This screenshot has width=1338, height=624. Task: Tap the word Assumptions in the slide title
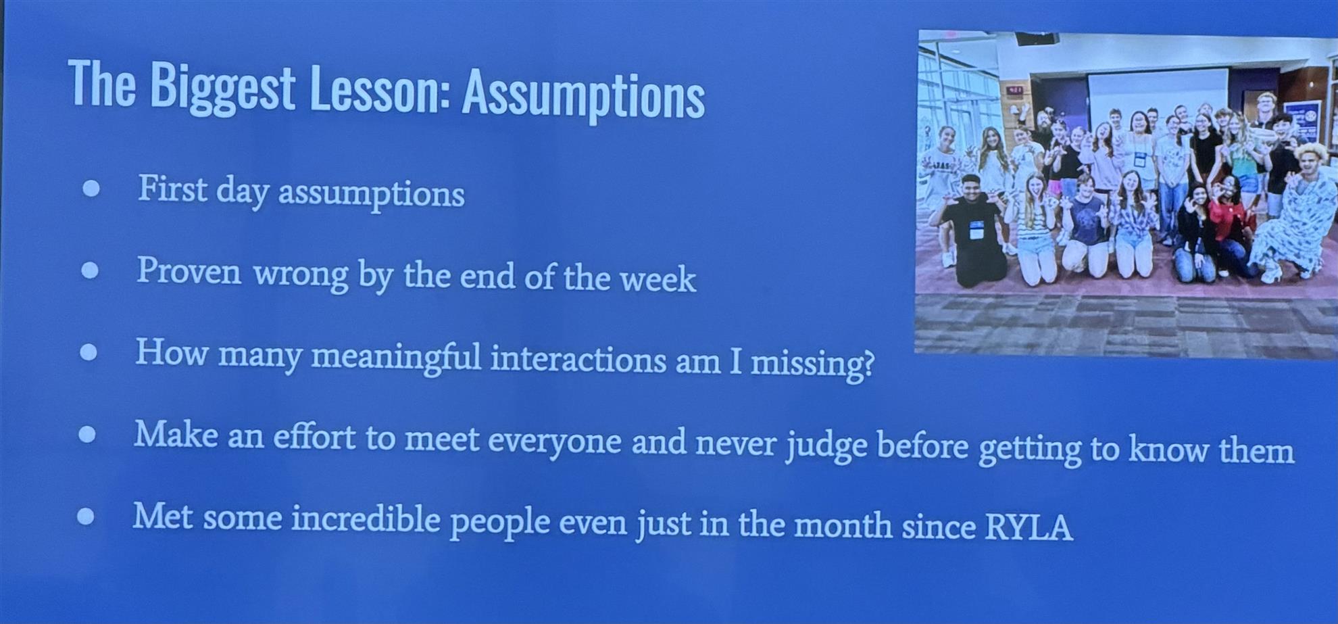(583, 95)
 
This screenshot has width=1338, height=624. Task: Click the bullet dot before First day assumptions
(91, 188)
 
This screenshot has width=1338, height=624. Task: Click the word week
(658, 279)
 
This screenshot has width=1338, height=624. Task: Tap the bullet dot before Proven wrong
(90, 270)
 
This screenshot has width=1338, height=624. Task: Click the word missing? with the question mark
(813, 364)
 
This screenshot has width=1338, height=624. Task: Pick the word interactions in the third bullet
(578, 359)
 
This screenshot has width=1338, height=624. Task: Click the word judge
(826, 446)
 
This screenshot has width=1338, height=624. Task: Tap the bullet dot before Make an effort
(87, 434)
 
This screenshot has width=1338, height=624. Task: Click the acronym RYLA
(1028, 527)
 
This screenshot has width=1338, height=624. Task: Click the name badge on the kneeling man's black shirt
(976, 230)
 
